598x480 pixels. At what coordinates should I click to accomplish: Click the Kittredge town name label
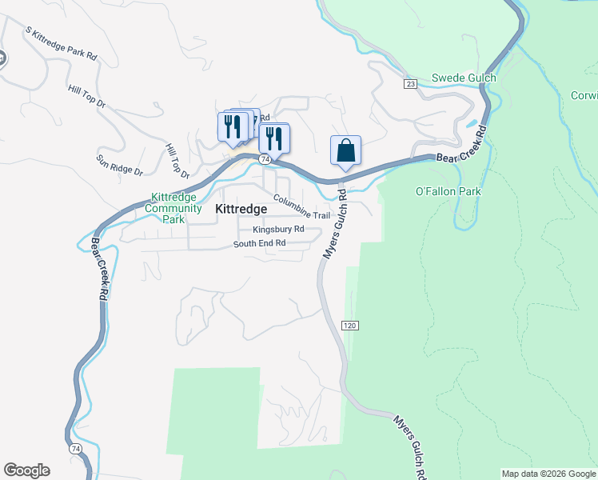pos(241,208)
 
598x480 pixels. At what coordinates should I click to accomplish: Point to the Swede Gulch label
pos(464,78)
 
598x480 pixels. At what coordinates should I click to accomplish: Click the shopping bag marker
pos(345,150)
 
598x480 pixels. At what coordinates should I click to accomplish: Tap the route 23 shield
pos(410,83)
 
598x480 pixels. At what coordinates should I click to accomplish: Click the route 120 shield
pos(349,326)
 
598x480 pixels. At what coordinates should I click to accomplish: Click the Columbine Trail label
pos(301,206)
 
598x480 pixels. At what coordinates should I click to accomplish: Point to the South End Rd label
pos(259,243)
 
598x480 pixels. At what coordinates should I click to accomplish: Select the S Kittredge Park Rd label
pos(61,44)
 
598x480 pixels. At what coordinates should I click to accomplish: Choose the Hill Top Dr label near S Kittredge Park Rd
pos(93,97)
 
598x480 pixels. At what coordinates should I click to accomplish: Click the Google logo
pos(26,470)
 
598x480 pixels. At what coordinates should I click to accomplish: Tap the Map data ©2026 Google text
pos(548,474)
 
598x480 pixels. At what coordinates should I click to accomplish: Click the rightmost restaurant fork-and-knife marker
pos(274,138)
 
